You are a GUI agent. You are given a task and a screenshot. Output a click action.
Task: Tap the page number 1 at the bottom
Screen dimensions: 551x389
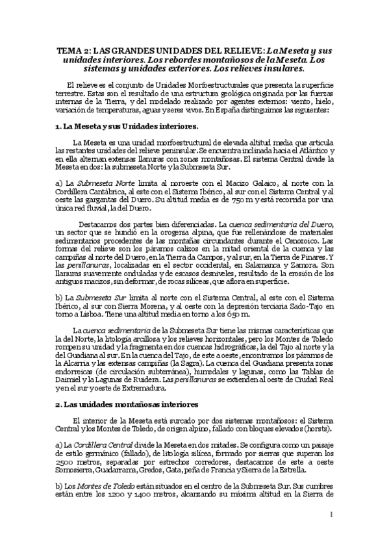(x=331, y=515)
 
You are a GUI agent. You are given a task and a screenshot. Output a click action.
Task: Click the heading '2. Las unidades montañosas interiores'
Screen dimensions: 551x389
(x=121, y=404)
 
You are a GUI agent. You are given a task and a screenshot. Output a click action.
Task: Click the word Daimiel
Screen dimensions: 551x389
(x=71, y=381)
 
